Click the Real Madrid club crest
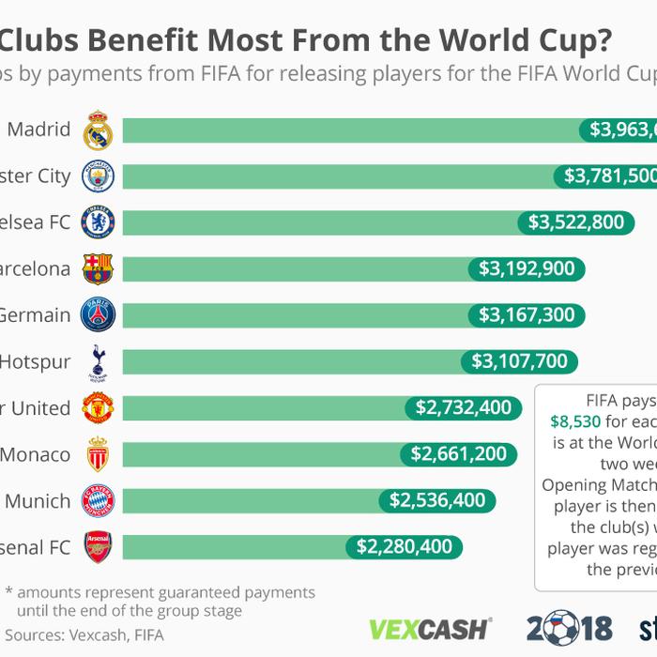98,130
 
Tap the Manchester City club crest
98,176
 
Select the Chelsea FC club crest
98,222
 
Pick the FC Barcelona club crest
98,269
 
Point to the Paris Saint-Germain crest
98,315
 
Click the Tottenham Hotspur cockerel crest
98,362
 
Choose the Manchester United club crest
98,408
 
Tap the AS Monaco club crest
98,455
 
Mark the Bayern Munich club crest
98,501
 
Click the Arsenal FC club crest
98,547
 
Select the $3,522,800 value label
575,222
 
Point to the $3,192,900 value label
527,269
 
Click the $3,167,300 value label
527,315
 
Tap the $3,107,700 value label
519,362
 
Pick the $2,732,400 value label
464,408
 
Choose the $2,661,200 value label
459,455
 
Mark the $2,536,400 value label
436,501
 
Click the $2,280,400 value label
404,547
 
